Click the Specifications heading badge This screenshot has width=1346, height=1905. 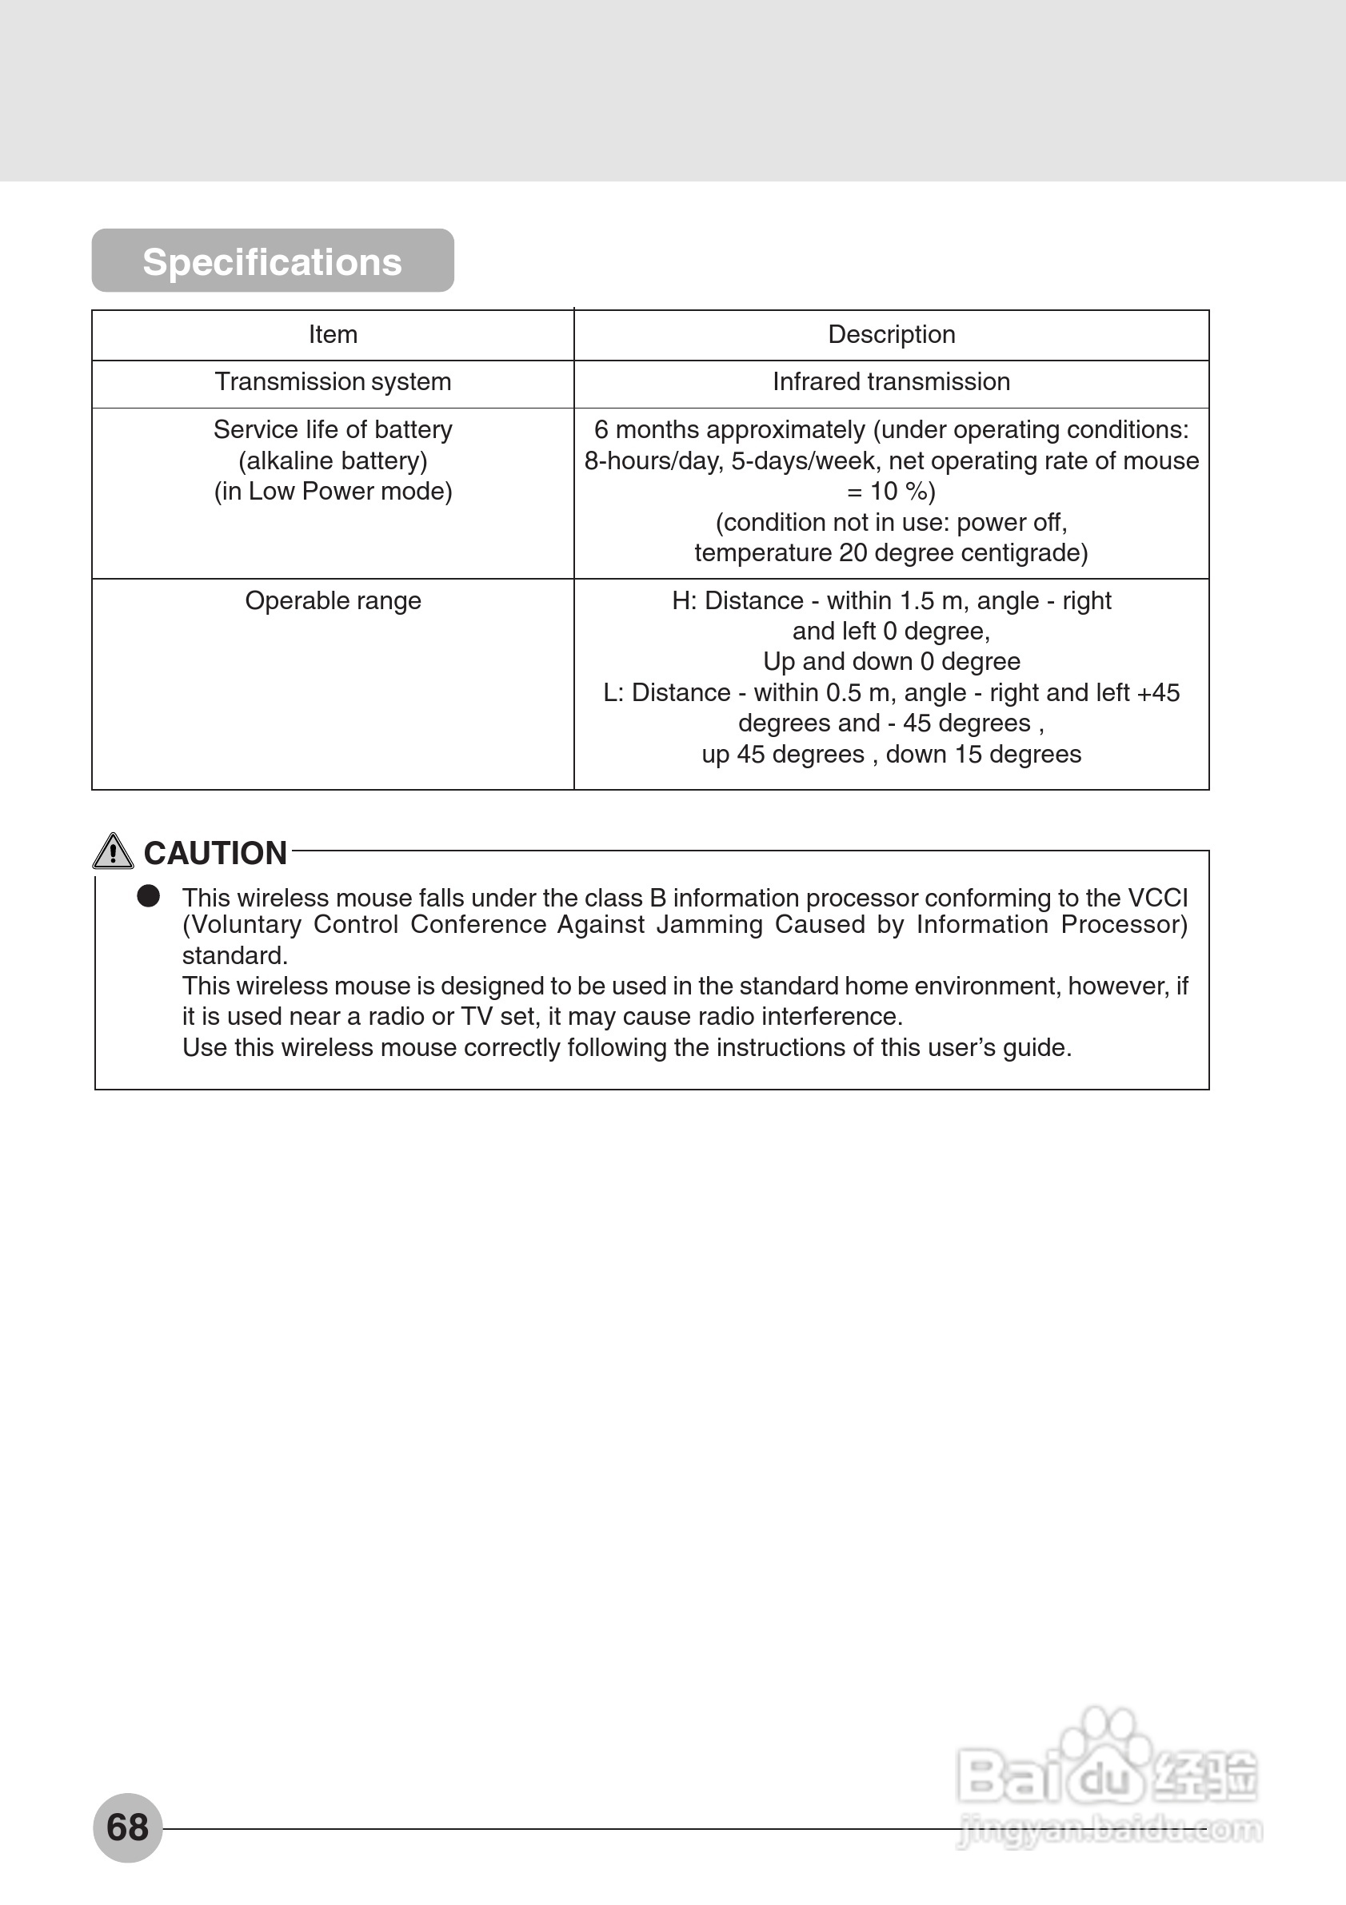(x=272, y=261)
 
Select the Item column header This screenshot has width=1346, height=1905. (x=333, y=334)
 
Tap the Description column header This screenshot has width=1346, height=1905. (x=891, y=334)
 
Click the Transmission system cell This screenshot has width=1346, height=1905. (x=333, y=381)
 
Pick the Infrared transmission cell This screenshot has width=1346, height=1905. (x=891, y=381)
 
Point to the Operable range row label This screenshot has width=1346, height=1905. (x=333, y=600)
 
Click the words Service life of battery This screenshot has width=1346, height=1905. (x=333, y=430)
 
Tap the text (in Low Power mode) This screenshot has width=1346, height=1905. (x=333, y=491)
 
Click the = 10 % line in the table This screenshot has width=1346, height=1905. (x=891, y=491)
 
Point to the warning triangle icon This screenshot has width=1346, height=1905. (x=113, y=851)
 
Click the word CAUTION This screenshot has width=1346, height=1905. (x=215, y=853)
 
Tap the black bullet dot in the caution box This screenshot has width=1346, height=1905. (x=149, y=896)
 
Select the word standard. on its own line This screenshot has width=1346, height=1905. (x=235, y=956)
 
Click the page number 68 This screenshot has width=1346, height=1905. (x=128, y=1827)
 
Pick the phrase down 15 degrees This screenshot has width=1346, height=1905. (x=984, y=754)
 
